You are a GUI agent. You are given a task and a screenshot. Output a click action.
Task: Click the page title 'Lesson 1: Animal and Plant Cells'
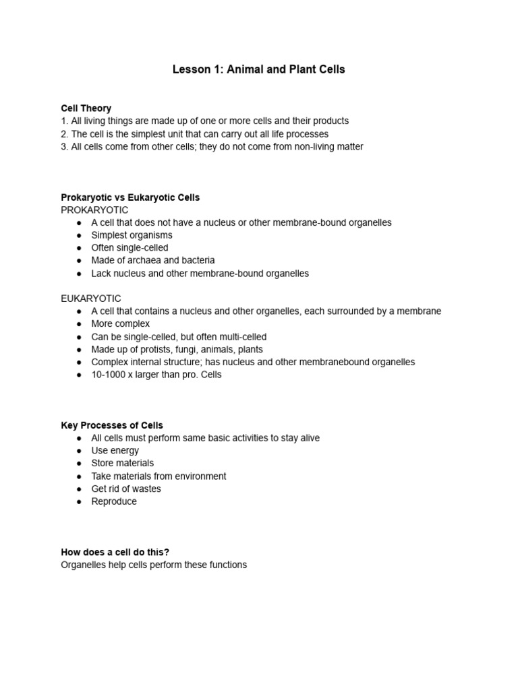(258, 69)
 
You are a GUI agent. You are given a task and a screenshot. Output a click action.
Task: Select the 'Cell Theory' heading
(86, 108)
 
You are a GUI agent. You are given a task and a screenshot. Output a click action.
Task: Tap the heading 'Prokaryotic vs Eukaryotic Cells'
(130, 197)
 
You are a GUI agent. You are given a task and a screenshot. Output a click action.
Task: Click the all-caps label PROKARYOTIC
(94, 210)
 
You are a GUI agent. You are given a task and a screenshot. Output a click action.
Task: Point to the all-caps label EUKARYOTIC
(91, 298)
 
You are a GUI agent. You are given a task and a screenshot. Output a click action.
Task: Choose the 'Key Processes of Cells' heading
(112, 425)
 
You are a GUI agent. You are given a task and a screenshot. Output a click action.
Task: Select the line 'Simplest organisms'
(132, 235)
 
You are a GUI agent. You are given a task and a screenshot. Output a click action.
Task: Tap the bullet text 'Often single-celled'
(129, 248)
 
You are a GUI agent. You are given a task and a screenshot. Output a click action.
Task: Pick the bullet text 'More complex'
(120, 324)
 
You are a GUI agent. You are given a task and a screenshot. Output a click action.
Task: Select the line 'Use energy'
(115, 450)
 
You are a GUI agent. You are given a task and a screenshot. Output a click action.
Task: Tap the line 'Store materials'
(122, 463)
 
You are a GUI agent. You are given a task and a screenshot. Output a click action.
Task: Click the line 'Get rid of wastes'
(126, 489)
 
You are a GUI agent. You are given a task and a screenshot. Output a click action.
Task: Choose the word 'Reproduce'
(114, 501)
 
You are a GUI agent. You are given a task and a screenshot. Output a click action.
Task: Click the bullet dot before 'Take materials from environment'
(79, 476)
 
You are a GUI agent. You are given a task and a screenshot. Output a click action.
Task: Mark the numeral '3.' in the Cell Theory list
(65, 146)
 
